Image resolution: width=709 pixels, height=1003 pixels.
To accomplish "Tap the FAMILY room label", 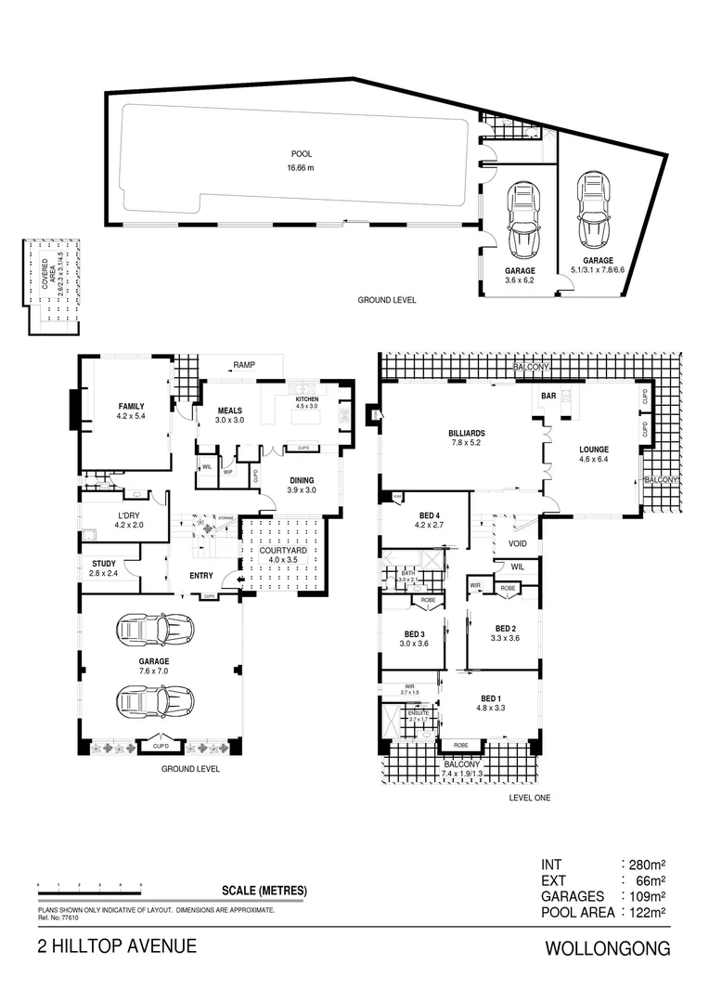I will coord(131,407).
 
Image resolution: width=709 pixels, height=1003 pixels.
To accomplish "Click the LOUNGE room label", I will coord(593,449).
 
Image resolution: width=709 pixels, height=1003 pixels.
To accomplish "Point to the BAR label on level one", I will coord(548,396).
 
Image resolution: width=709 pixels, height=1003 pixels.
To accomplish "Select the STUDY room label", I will coord(103,564).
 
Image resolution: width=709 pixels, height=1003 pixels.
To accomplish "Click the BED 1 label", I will coord(491,698).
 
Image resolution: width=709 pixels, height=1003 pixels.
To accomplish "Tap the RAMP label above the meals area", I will coord(244,365).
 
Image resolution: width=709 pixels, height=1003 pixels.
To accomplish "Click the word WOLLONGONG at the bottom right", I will coord(607,949).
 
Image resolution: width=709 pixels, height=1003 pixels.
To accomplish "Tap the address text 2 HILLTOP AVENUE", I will coord(117,946).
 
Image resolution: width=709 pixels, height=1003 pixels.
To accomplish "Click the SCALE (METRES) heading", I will coord(264,891).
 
